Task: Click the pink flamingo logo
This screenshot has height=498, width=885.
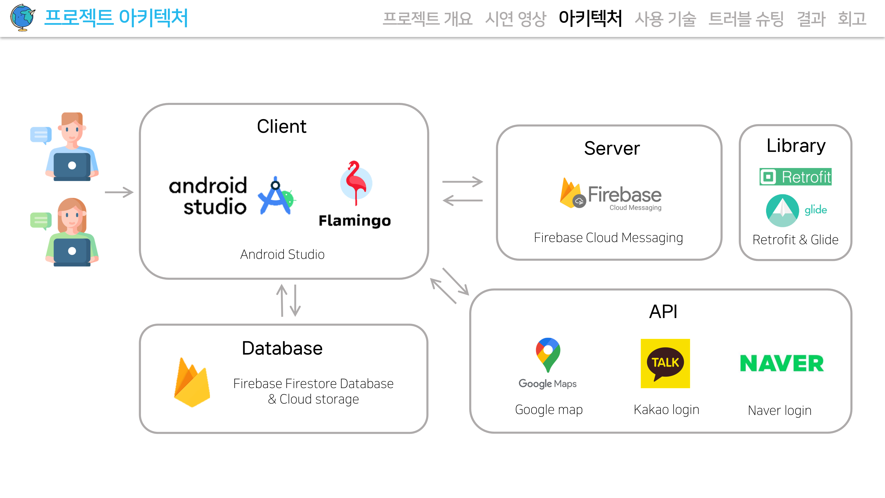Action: (x=356, y=183)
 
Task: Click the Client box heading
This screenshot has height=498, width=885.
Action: (x=281, y=126)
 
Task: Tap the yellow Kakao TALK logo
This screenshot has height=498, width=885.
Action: (x=665, y=363)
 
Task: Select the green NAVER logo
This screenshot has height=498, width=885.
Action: (x=782, y=363)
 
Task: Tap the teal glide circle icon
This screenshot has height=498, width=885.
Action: (x=782, y=210)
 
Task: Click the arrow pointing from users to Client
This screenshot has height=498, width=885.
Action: (x=119, y=192)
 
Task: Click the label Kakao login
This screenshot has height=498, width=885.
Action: (x=666, y=410)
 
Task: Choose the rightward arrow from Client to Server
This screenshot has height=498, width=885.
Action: (x=462, y=181)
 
